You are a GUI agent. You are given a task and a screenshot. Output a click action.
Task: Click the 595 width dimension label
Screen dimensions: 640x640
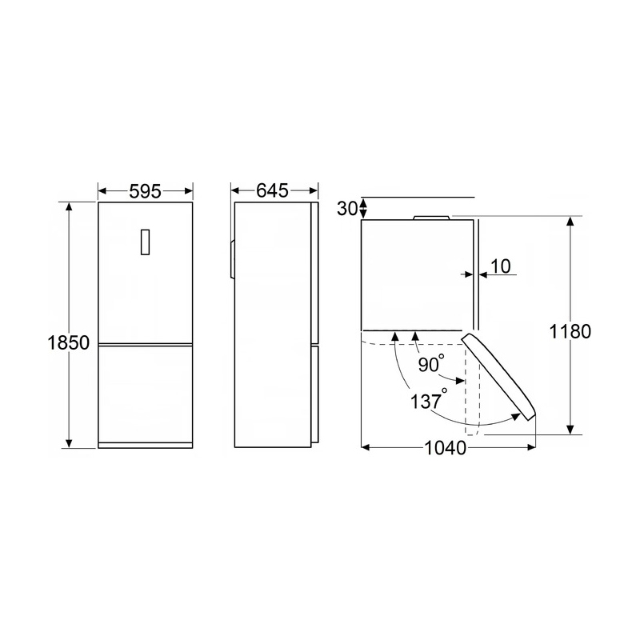pyautogui.click(x=146, y=191)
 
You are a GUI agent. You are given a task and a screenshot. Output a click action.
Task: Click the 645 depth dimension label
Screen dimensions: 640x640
pyautogui.click(x=272, y=190)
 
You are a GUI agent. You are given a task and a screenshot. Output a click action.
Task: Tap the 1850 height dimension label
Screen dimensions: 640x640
pyautogui.click(x=68, y=343)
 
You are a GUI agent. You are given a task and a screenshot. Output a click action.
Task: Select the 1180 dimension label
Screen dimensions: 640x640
pyautogui.click(x=570, y=331)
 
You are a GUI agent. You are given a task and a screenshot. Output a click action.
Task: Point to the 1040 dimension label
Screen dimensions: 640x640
pyautogui.click(x=446, y=448)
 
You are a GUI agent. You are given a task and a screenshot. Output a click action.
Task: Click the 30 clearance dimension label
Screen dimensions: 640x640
pyautogui.click(x=347, y=209)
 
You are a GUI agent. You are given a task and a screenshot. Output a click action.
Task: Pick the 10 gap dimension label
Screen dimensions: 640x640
pyautogui.click(x=500, y=266)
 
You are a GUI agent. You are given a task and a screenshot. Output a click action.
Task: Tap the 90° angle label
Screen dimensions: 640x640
pyautogui.click(x=431, y=364)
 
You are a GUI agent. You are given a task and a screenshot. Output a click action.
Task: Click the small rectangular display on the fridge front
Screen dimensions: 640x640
pyautogui.click(x=145, y=242)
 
